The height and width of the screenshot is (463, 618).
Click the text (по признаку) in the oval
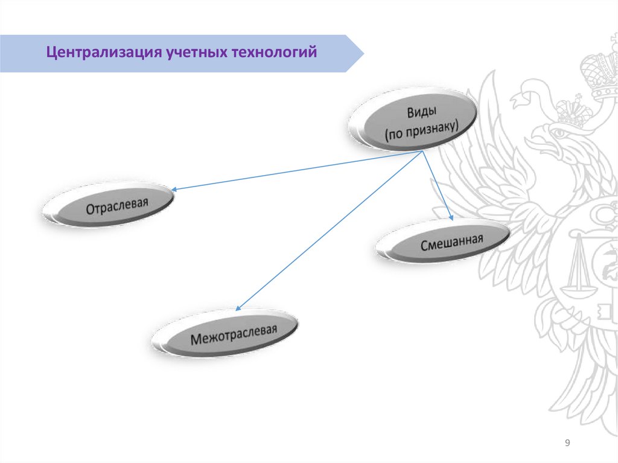pos(422,130)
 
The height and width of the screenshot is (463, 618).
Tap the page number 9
pos(567,444)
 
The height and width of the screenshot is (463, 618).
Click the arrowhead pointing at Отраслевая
pos(173,190)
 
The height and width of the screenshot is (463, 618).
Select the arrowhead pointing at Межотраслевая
pos(238,309)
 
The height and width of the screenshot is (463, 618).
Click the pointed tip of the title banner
pos(363,54)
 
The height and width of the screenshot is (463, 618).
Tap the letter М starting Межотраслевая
pos(196,340)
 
